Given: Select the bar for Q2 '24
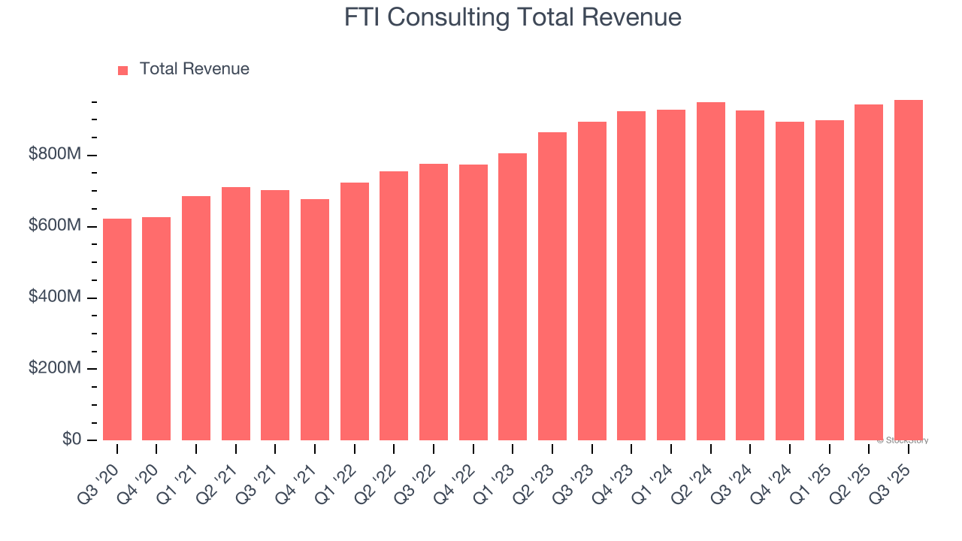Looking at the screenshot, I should pyautogui.click(x=710, y=271).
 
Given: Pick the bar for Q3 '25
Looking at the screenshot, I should pyautogui.click(x=908, y=270).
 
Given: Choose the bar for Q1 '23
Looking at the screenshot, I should pyautogui.click(x=513, y=297).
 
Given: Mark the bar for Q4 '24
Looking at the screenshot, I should pyautogui.click(x=789, y=281).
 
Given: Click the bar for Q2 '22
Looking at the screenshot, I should pyautogui.click(x=394, y=306).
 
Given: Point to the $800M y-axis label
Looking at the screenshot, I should pyautogui.click(x=55, y=155).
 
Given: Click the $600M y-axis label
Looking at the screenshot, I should pyautogui.click(x=55, y=226).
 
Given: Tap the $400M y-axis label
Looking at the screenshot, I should pyautogui.click(x=55, y=298).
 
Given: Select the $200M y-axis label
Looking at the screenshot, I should pyautogui.click(x=55, y=369).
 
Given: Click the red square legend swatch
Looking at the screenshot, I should pyautogui.click(x=123, y=70).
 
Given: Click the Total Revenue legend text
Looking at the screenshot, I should pyautogui.click(x=194, y=69).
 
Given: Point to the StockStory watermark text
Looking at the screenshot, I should pyautogui.click(x=903, y=440).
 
